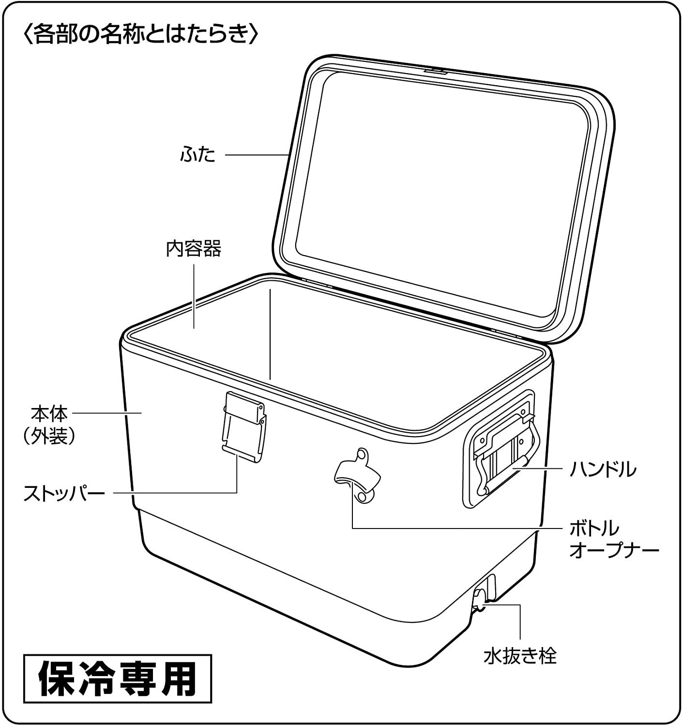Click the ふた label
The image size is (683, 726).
click(x=197, y=155)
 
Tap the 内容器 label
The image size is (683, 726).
click(x=194, y=249)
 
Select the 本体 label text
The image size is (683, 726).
click(x=49, y=414)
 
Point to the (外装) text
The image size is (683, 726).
click(x=49, y=437)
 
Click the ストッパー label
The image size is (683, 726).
click(x=64, y=494)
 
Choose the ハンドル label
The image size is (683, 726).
click(x=603, y=469)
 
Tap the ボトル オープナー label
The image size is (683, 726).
click(x=614, y=539)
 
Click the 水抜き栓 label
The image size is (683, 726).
click(x=520, y=656)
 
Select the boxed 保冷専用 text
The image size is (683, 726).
click(x=118, y=679)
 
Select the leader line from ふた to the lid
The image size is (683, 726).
click(x=257, y=155)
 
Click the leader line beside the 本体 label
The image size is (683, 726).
click(x=106, y=413)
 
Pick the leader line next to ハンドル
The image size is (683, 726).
click(x=537, y=469)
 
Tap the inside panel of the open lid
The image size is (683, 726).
click(x=436, y=194)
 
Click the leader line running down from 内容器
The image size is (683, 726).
click(x=194, y=295)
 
